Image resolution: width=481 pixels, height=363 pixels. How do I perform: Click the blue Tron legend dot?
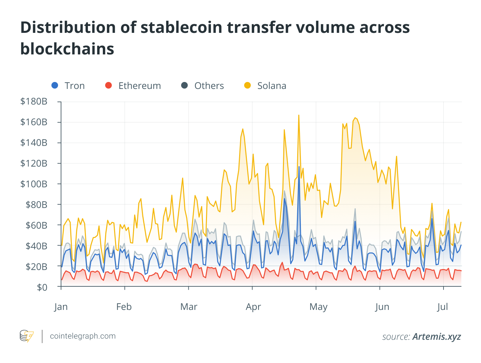click(55, 86)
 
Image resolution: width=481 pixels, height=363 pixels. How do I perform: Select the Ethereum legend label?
click(139, 86)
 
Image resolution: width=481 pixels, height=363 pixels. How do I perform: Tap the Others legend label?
click(209, 86)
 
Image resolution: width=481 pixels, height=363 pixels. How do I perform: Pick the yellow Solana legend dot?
click(247, 86)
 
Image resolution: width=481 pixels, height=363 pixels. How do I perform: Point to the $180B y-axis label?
click(34, 102)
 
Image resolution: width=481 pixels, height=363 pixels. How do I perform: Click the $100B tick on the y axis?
click(34, 184)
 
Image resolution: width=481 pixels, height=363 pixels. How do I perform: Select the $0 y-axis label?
click(42, 287)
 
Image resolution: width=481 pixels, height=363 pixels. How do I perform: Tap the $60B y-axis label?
click(36, 225)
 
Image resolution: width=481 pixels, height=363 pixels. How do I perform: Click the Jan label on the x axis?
click(61, 307)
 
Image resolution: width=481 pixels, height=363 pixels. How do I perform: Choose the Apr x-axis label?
click(253, 307)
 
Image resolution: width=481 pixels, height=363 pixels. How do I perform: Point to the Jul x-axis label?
click(443, 307)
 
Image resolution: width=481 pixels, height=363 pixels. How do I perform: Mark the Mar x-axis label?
click(189, 307)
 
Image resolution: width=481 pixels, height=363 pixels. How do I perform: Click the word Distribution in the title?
click(68, 28)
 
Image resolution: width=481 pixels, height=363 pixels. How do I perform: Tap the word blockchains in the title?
click(67, 49)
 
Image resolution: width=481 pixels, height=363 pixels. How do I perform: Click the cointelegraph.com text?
click(83, 336)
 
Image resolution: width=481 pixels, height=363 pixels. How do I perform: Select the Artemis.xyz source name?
click(437, 337)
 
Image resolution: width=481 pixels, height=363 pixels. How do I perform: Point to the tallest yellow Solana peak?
click(299, 115)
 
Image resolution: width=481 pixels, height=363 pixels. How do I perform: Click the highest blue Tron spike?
click(299, 167)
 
